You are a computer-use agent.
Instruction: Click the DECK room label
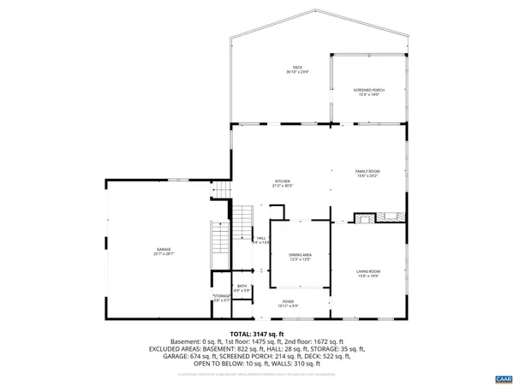297,68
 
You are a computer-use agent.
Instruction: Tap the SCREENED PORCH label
368,89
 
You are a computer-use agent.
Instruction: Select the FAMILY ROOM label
368,171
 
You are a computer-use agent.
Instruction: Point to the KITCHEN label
282,181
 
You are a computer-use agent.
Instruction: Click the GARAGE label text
163,249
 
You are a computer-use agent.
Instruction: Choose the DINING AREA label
300,255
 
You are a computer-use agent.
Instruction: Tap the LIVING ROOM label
368,271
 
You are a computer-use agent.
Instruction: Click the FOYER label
289,301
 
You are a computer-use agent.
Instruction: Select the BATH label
242,287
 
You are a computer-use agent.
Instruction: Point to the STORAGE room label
222,296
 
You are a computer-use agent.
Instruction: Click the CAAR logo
502,377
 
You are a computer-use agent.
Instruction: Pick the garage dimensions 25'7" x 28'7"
163,254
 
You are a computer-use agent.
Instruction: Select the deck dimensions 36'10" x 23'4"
297,73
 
